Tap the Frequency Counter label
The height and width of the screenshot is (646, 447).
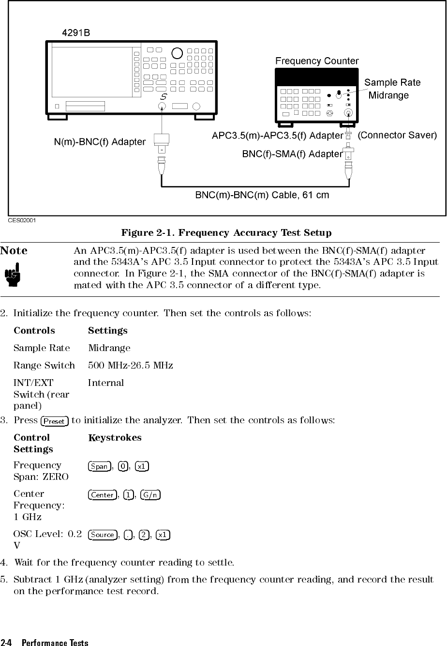point(317,61)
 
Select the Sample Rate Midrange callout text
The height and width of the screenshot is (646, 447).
point(392,89)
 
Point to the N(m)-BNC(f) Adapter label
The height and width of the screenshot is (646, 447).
point(99,142)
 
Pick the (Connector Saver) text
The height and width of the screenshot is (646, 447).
point(397,135)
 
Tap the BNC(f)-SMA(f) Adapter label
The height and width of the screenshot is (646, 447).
point(292,154)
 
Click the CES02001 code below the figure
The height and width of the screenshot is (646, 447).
point(22,220)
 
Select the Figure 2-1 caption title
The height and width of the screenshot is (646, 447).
point(226,233)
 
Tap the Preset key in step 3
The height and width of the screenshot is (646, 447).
point(54,421)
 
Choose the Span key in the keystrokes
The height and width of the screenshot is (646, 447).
point(99,466)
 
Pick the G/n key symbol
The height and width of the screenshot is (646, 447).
point(150,495)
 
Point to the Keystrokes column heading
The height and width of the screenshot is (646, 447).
point(115,438)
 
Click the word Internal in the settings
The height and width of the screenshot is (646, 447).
point(106,383)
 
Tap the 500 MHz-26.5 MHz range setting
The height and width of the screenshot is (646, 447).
point(131,365)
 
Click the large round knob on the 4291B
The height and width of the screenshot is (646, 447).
point(177,53)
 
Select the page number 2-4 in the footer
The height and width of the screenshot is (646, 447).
point(7,643)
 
